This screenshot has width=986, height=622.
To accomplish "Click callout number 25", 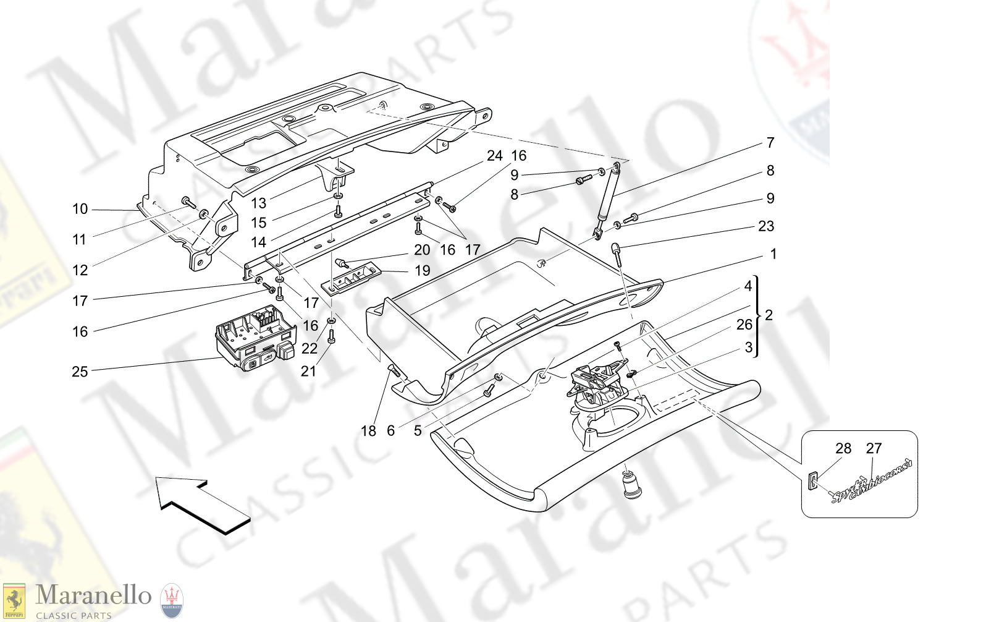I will [x=80, y=372].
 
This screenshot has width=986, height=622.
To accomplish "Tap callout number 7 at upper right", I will [x=770, y=143].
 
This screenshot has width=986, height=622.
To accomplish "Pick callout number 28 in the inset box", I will [x=843, y=448].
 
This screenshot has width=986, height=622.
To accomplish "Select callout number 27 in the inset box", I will [x=874, y=448].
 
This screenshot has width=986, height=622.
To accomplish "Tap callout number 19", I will [x=422, y=271].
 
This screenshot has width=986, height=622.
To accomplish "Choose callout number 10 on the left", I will [x=80, y=209].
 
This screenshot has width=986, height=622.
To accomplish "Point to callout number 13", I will [x=258, y=203].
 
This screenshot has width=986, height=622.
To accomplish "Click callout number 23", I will [x=766, y=226].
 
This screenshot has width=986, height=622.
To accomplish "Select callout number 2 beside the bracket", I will [x=769, y=315].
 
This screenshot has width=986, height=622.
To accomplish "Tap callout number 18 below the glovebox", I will [x=368, y=431].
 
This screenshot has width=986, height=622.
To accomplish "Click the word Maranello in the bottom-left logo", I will [x=93, y=595].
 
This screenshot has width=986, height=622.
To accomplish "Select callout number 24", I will [x=494, y=156].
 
